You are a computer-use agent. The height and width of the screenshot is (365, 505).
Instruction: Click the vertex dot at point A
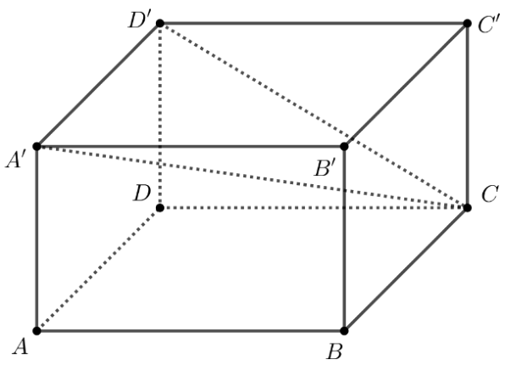pos(37,331)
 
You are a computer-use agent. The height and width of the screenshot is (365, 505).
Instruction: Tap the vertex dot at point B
pos(344,331)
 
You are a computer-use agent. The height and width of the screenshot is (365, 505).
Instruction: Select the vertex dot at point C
pos(468,207)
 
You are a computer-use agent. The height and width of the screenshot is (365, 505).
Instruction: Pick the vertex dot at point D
pos(160,208)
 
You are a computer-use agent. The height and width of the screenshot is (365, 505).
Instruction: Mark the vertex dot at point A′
pos(37,147)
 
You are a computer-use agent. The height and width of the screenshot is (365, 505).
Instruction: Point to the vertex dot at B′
pos(344,147)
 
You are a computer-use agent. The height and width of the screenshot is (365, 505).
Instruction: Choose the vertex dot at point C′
pos(468,23)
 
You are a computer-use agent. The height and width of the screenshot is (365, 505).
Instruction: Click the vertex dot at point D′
pos(160,23)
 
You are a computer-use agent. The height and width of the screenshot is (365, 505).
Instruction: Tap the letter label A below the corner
pos(20,347)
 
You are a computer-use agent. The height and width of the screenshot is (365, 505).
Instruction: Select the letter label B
pos(335,351)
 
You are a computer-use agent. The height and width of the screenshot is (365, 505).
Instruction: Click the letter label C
pos(491,194)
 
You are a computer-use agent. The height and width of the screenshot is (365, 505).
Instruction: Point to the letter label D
pos(142,194)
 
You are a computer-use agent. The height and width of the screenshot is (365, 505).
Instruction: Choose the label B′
pos(325,168)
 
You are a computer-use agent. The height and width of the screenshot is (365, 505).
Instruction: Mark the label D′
pos(139,20)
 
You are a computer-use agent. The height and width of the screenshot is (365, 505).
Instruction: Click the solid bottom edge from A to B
pos(191,331)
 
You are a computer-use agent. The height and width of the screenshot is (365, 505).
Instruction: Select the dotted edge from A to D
pos(98,269)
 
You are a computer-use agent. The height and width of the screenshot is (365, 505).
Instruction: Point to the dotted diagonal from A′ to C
pos(252,177)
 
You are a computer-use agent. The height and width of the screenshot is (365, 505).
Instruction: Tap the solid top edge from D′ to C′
pos(314,23)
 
